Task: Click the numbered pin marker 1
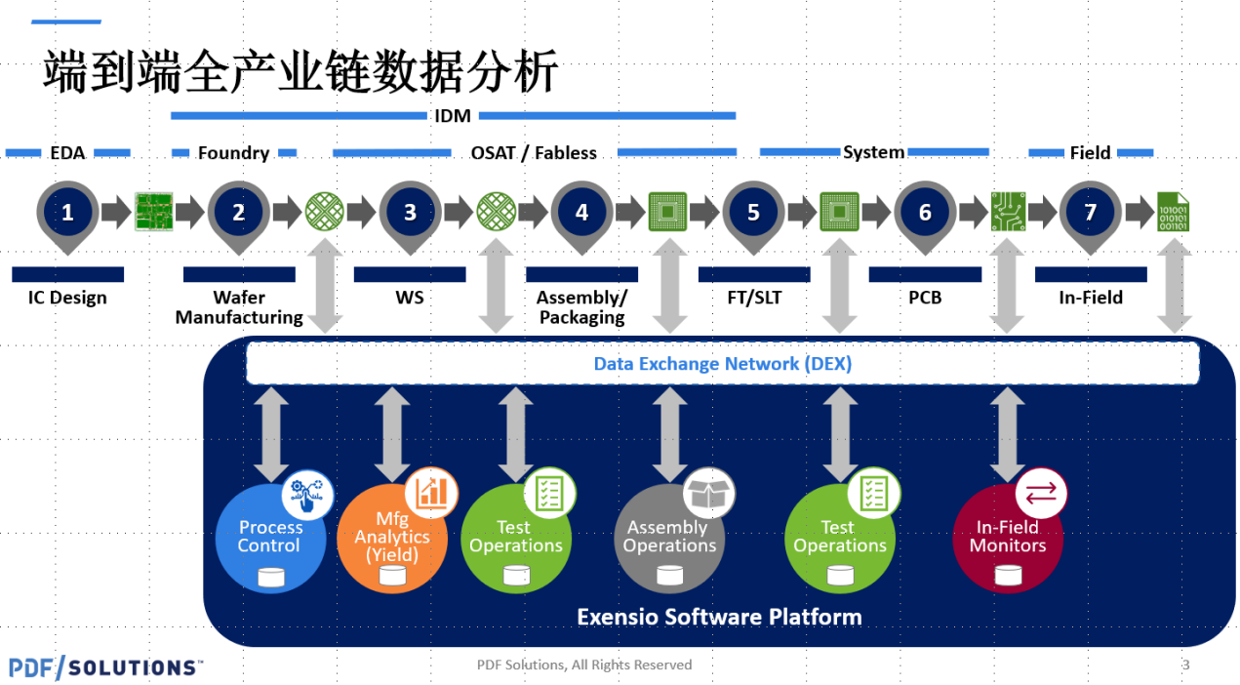67,216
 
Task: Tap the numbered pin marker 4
581,216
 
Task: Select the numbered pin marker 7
1090,216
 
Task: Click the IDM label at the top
453,116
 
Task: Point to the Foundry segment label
233,153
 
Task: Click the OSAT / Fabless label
534,153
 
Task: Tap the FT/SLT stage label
754,298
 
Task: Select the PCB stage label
925,298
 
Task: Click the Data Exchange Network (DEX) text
722,364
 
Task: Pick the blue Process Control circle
270,539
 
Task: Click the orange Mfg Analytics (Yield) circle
392,539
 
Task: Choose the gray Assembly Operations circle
669,539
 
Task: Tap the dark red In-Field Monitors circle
1008,539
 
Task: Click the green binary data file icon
1173,212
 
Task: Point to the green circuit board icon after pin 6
1008,212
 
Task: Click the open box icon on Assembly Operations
708,493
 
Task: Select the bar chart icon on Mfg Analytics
431,493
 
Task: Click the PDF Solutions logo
105,667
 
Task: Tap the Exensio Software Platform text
719,617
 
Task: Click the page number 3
1185,665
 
